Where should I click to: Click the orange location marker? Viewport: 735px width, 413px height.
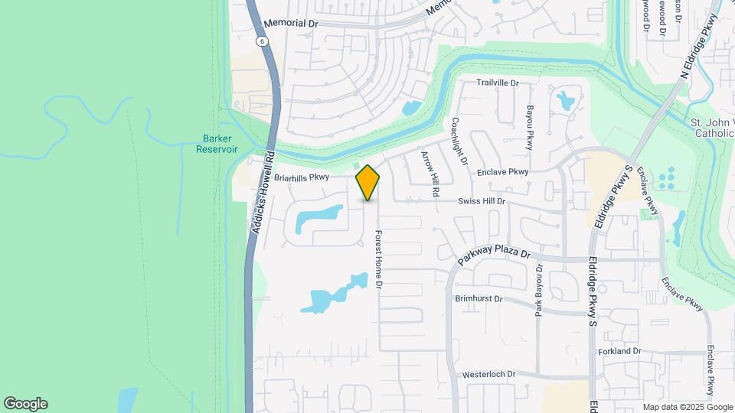pos(367,183)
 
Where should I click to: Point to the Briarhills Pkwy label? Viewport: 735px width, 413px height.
pos(302,177)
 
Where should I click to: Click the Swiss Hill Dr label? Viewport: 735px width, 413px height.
pos(482,201)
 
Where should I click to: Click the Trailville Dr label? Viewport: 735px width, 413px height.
pos(498,83)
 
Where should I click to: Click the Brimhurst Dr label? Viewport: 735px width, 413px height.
pos(479,298)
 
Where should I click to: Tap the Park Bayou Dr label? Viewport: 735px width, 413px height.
pos(539,294)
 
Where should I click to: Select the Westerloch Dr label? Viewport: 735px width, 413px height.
pos(489,375)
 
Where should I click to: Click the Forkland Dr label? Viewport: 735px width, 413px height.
pos(620,351)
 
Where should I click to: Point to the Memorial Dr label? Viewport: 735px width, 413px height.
pos(291,24)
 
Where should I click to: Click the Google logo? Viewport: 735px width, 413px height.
pos(25,404)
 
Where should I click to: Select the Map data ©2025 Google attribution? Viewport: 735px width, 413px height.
pos(687,407)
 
